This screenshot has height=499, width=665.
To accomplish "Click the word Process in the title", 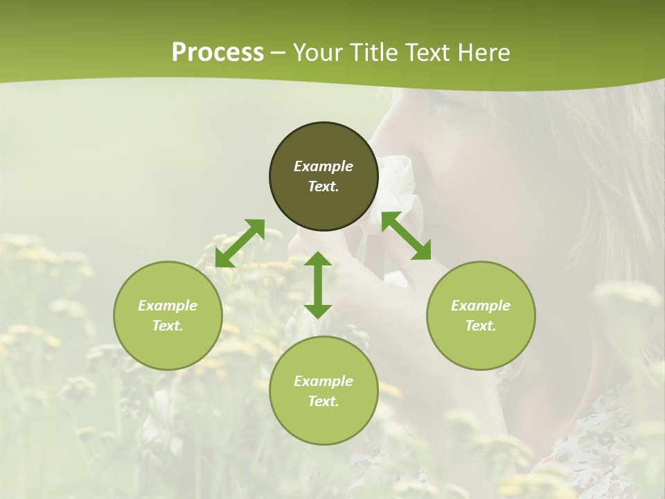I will click(x=218, y=53).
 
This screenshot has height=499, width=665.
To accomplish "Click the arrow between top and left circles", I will click(x=240, y=243).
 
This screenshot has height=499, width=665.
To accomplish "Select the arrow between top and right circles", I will click(x=406, y=236).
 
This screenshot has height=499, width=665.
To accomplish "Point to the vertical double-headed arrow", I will click(x=318, y=285).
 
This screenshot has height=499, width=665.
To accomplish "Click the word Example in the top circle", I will click(x=323, y=166).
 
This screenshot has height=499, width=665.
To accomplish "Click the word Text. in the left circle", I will click(x=168, y=326).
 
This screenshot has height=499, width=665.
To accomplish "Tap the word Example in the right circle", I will click(x=481, y=306).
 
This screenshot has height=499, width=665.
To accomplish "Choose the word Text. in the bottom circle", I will click(x=323, y=401).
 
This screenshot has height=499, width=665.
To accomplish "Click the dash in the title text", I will click(x=278, y=53).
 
